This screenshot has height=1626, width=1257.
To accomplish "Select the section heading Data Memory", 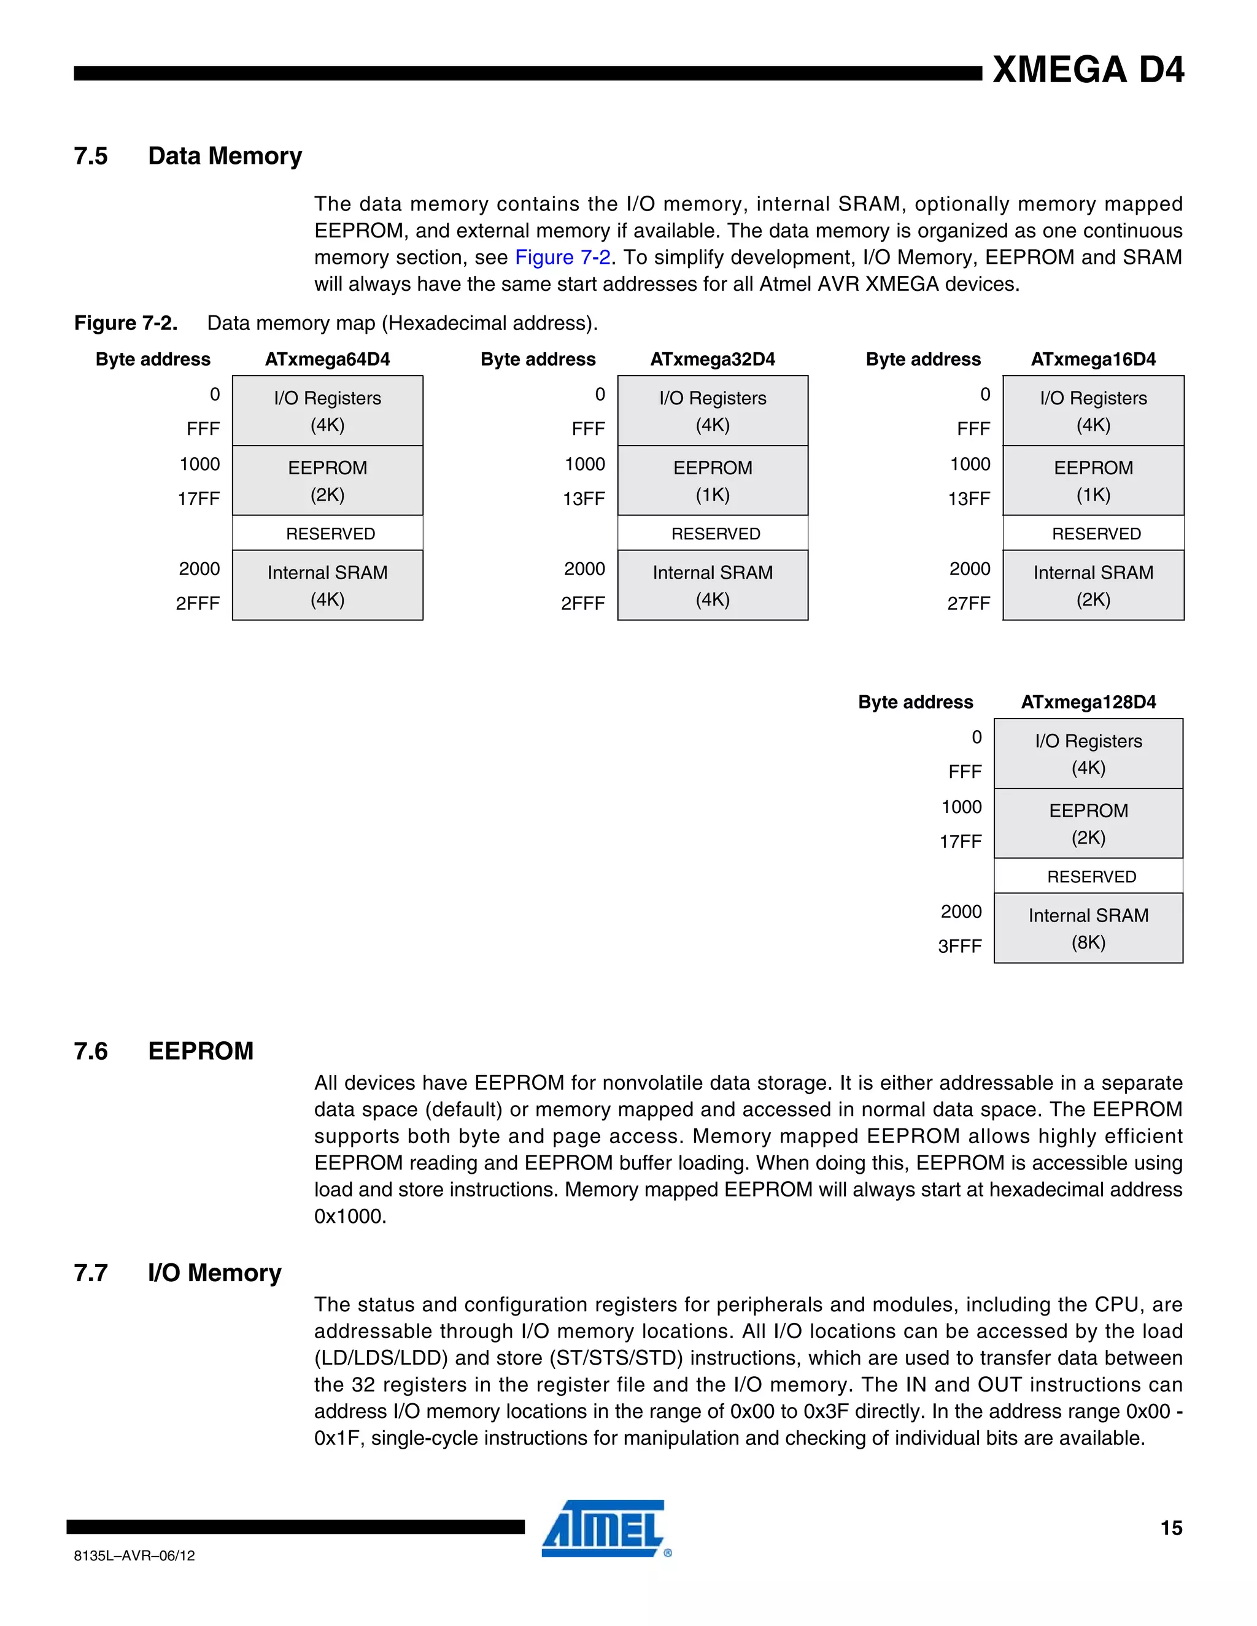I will pos(225,156).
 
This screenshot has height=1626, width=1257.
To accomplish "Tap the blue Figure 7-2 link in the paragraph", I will pos(562,258).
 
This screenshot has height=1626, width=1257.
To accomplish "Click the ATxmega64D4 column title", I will pos(327,360).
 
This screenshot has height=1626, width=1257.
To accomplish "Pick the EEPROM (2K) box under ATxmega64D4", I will pos(328,481).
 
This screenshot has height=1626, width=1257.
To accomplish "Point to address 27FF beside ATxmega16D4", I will pos(968,604).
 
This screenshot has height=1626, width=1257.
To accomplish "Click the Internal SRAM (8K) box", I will pos(1088,928).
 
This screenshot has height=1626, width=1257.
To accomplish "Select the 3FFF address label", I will pos(959,946).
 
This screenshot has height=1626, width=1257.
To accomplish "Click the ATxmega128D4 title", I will pos(1088,702).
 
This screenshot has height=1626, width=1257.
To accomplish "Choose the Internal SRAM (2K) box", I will pos(1093,586).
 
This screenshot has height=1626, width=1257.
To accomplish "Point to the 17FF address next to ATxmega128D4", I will pos(960,842).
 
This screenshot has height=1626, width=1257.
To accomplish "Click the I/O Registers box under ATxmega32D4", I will pos(713,411).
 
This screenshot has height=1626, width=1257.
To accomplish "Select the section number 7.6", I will pos(91,1051).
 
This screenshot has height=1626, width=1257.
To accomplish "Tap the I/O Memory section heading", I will pos(214,1273).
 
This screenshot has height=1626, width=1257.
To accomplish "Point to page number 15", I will pos(1170,1528).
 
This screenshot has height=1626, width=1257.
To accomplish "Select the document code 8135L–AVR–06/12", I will pos(135,1556).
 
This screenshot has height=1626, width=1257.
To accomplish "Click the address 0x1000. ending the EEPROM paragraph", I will pos(350,1217).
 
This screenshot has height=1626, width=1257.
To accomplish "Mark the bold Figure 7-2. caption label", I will pos(126,324).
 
